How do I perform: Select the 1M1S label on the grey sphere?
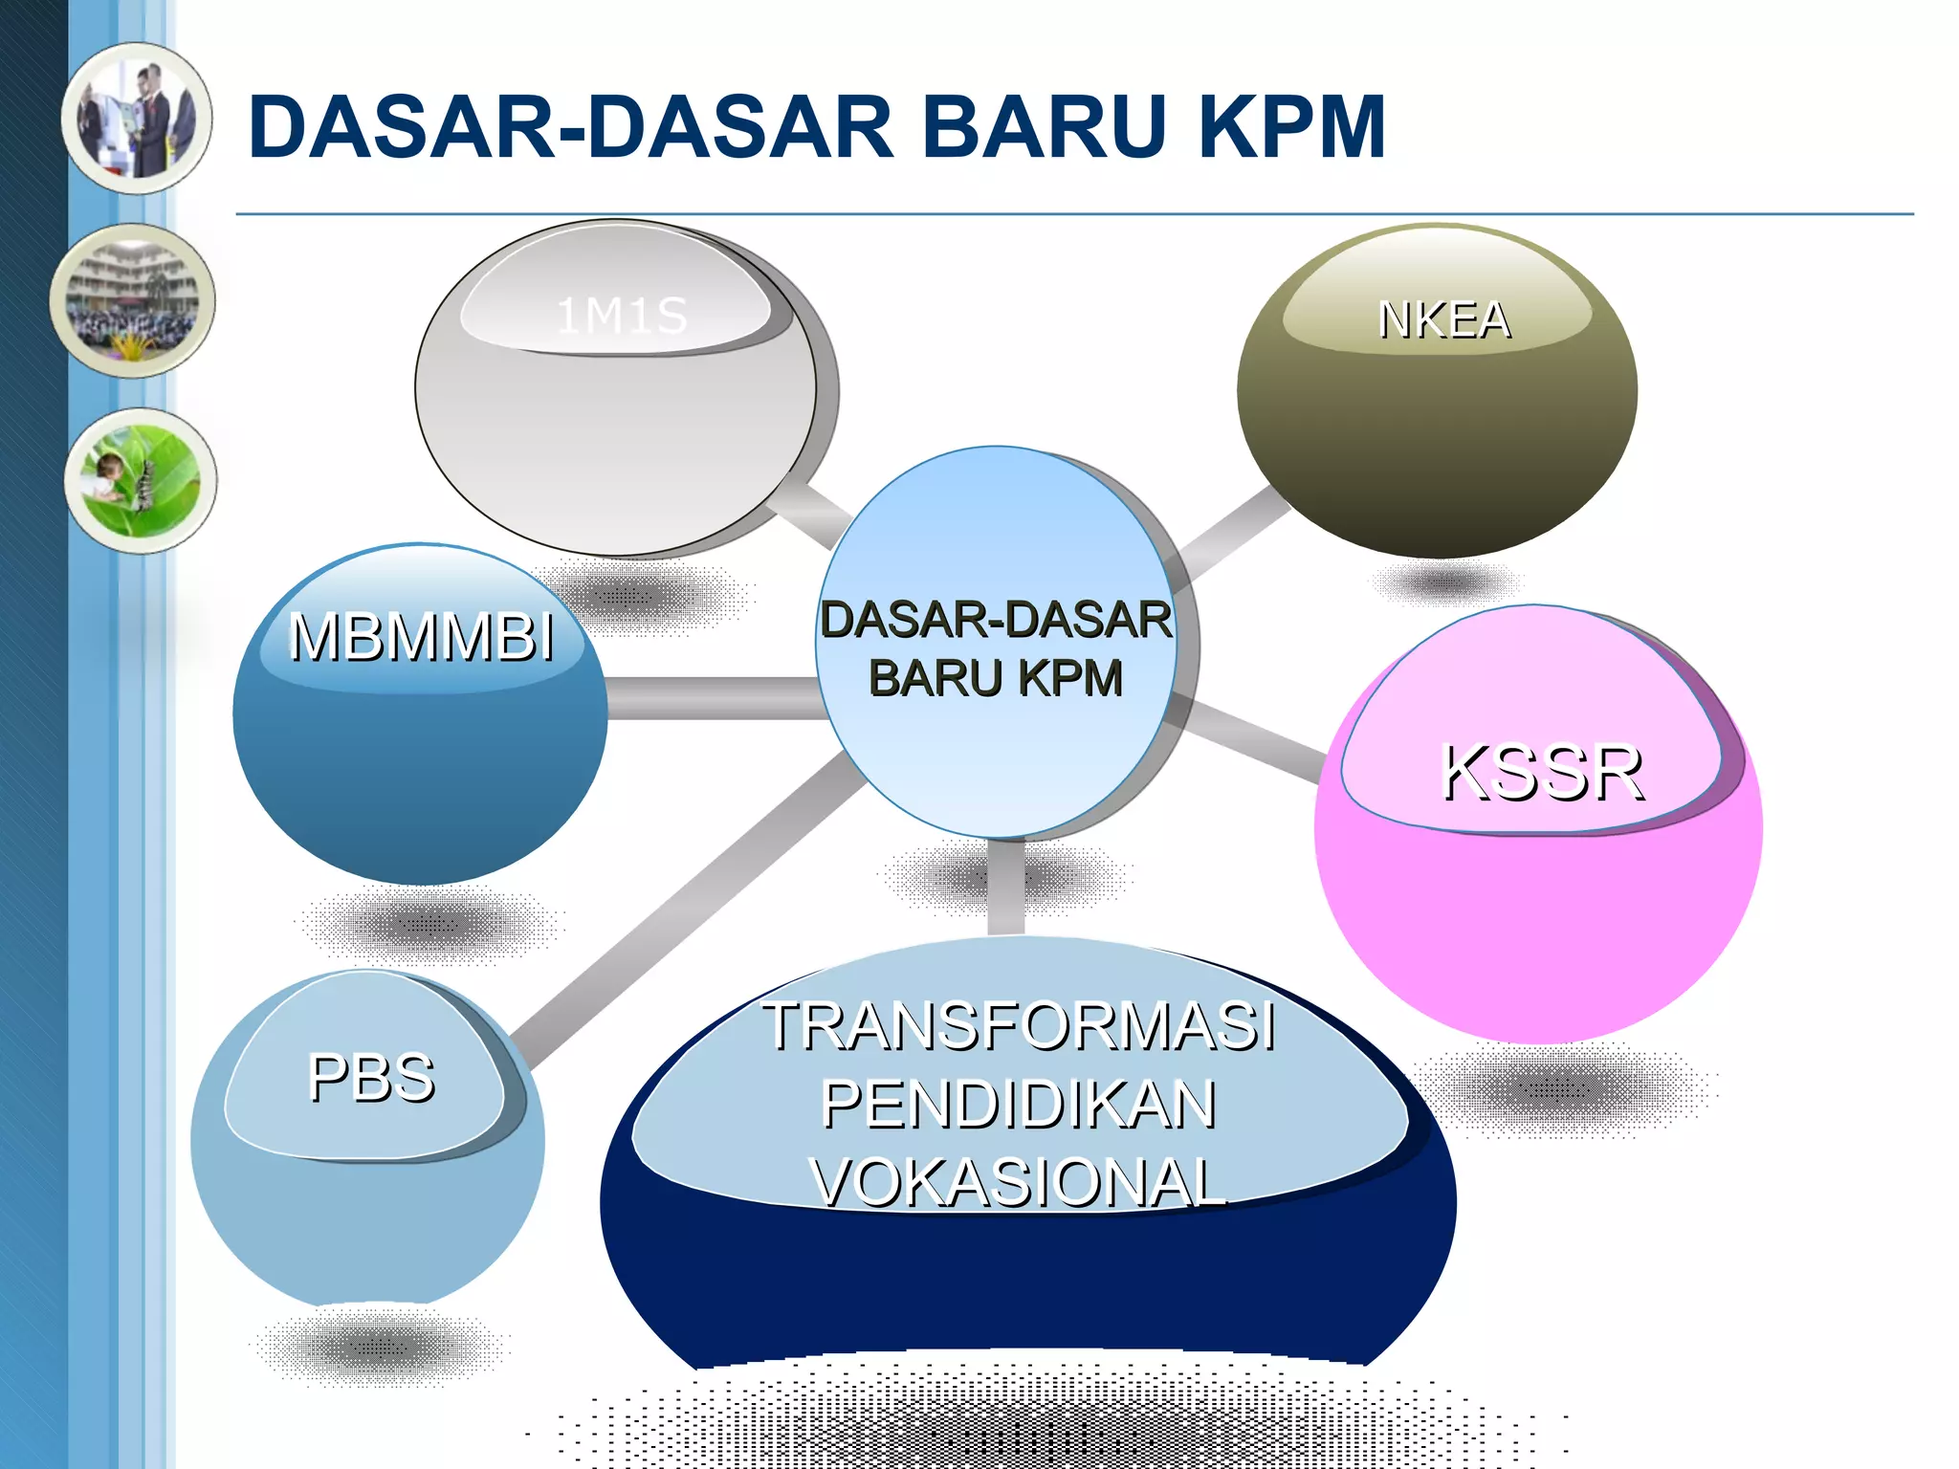622,316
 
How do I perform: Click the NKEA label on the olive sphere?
1444,320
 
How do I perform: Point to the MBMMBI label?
422,637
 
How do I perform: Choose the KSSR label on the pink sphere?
1542,773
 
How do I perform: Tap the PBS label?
371,1078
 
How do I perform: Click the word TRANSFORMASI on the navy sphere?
1019,1026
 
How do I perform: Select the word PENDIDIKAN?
1019,1105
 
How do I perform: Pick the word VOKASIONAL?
1019,1183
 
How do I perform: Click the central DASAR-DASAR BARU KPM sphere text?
996,648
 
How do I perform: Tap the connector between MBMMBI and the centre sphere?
713,697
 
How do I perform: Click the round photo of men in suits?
138,119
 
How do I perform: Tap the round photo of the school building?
133,300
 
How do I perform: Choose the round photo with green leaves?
141,480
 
